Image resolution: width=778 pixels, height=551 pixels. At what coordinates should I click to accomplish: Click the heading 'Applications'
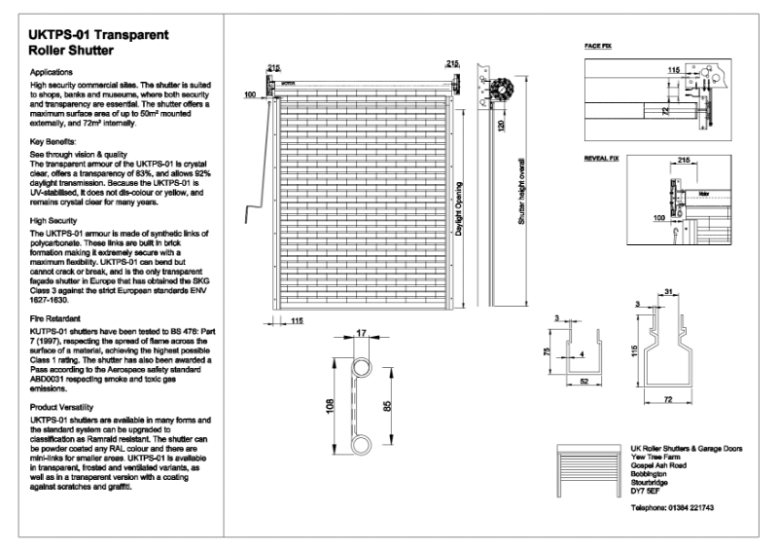(52, 73)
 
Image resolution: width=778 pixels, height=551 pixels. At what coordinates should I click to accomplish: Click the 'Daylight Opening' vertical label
(459, 209)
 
